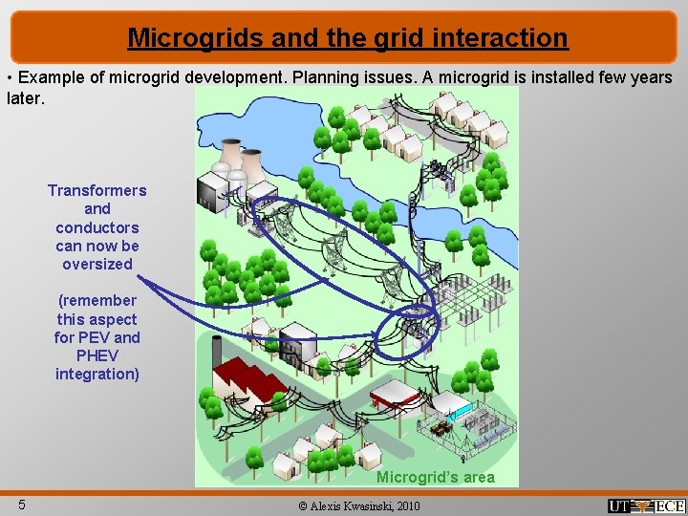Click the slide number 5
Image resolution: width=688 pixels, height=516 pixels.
pyautogui.click(x=21, y=505)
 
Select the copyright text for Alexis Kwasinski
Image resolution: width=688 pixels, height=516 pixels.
pyautogui.click(x=357, y=505)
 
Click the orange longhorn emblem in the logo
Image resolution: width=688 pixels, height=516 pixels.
pyautogui.click(x=646, y=506)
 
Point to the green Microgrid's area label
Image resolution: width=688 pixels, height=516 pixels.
pyautogui.click(x=435, y=477)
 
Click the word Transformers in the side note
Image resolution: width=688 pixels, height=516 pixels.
pyautogui.click(x=97, y=190)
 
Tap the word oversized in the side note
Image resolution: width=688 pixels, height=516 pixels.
pyautogui.click(x=97, y=264)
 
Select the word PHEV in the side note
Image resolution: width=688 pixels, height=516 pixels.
pyautogui.click(x=97, y=355)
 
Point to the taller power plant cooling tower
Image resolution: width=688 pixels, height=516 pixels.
pyautogui.click(x=230, y=158)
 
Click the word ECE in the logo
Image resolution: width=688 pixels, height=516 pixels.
pyautogui.click(x=670, y=506)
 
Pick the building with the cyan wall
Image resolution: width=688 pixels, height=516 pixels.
pyautogui.click(x=460, y=413)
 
